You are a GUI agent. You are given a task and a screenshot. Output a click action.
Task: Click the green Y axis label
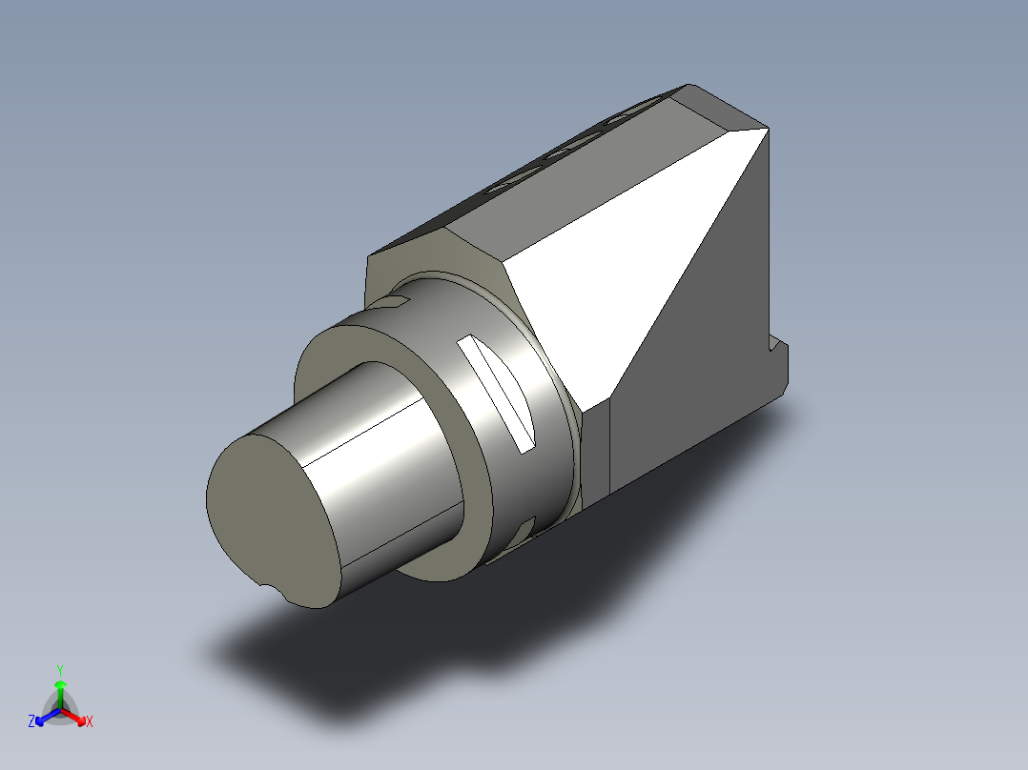(60, 669)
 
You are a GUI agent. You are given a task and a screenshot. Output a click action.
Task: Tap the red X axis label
(90, 721)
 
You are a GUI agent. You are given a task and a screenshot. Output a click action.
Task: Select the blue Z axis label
(31, 721)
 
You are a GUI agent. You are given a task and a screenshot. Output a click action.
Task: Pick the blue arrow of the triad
(43, 716)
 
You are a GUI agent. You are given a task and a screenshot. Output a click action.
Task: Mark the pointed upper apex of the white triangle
(766, 130)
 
